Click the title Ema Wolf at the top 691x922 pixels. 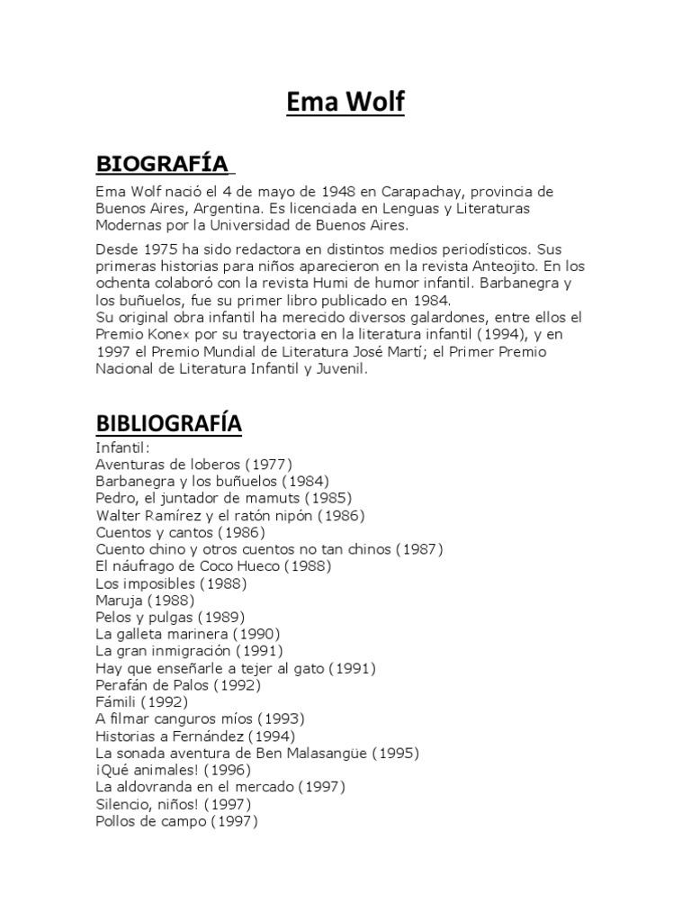[x=345, y=103]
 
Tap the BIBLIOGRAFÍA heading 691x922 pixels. [x=168, y=423]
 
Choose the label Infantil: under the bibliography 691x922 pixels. [x=123, y=447]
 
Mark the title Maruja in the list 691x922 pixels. [x=119, y=600]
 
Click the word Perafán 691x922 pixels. [x=123, y=685]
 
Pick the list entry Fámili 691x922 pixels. [x=116, y=702]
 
